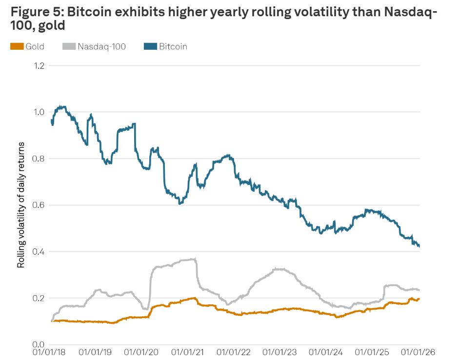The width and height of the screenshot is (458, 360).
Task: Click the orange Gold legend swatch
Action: (17, 46)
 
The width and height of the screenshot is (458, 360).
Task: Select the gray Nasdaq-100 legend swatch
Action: (69, 46)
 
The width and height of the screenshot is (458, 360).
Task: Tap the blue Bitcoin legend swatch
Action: (150, 46)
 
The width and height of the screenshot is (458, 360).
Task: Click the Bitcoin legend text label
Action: (173, 46)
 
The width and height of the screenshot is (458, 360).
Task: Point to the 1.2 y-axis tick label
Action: (39, 66)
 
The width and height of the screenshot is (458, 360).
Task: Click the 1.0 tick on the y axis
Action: (39, 112)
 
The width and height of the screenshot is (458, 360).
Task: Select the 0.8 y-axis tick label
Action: (39, 159)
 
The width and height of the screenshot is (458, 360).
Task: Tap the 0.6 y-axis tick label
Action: (39, 205)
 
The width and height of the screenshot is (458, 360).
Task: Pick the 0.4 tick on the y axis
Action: (39, 252)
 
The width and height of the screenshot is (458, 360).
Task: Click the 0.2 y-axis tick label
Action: (39, 298)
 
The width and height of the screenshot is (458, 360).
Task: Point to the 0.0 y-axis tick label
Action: (39, 344)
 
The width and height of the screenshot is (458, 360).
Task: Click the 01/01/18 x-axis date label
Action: (49, 352)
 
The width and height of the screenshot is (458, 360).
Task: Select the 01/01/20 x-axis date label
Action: (141, 352)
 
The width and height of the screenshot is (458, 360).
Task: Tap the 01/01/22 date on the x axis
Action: (234, 352)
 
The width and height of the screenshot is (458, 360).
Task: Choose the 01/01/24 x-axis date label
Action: (326, 352)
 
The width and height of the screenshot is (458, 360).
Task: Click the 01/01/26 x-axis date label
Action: (418, 352)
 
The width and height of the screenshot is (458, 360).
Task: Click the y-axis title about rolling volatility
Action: (21, 205)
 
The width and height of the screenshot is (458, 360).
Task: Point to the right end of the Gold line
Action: (419, 299)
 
